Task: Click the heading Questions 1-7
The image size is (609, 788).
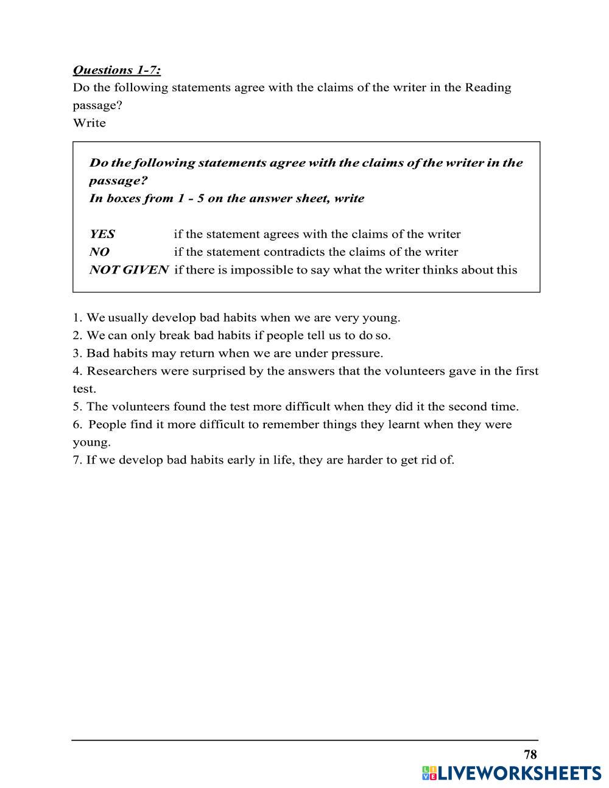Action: (x=116, y=70)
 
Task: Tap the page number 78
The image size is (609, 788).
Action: (x=530, y=755)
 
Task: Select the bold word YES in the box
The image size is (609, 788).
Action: (x=102, y=234)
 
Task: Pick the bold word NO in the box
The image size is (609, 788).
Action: (x=99, y=252)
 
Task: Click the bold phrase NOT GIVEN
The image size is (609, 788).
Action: (x=128, y=270)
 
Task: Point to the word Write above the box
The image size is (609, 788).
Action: (x=89, y=123)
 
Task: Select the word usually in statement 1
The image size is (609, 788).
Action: (x=128, y=318)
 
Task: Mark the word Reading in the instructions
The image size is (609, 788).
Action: (x=488, y=88)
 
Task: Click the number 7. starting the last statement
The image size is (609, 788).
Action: (x=77, y=460)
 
